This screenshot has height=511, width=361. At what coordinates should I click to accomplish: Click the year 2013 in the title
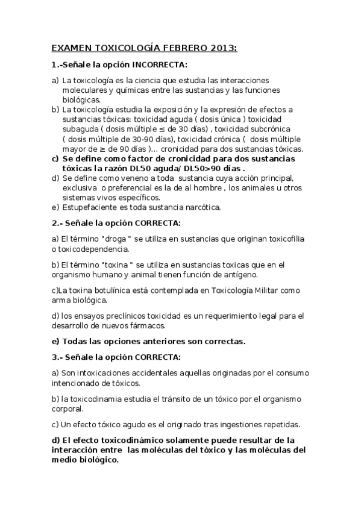coord(221,48)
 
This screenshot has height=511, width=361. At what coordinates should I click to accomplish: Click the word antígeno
coord(239,274)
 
